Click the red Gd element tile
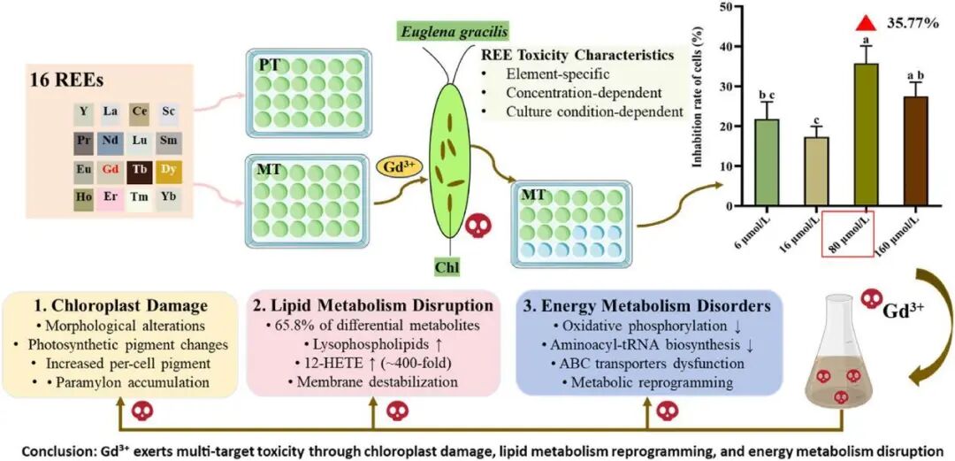[x=111, y=170]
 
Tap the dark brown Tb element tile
[x=140, y=170]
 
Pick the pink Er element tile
[x=111, y=198]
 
